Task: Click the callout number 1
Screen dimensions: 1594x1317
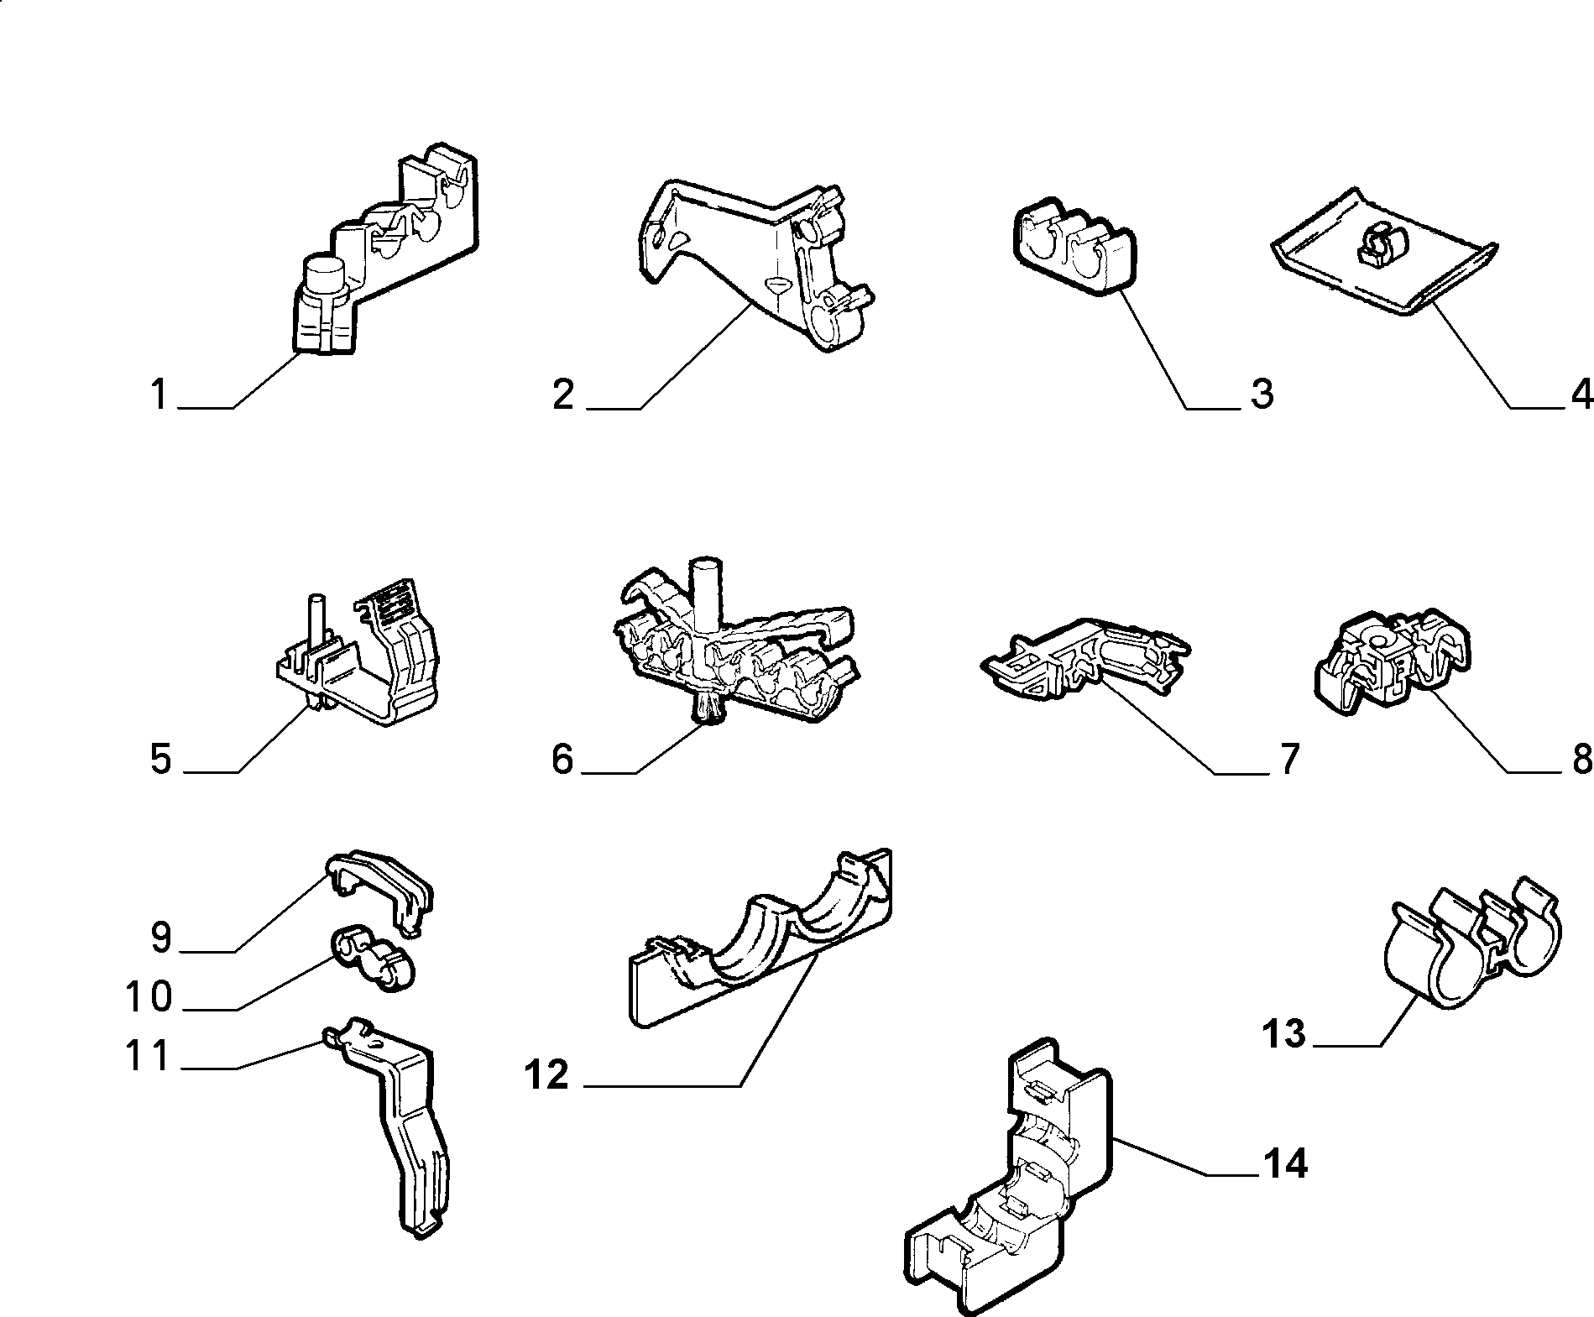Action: [159, 395]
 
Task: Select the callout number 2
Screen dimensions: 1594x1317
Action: [563, 395]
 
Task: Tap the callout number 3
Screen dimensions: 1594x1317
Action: [1262, 395]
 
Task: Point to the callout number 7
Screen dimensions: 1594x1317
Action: [1287, 759]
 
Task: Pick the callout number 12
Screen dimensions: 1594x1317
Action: [547, 1075]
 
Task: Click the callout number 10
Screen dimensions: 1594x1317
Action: [149, 997]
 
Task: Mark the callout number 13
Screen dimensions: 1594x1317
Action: [1284, 1033]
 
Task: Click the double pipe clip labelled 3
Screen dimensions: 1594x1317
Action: [1075, 248]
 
